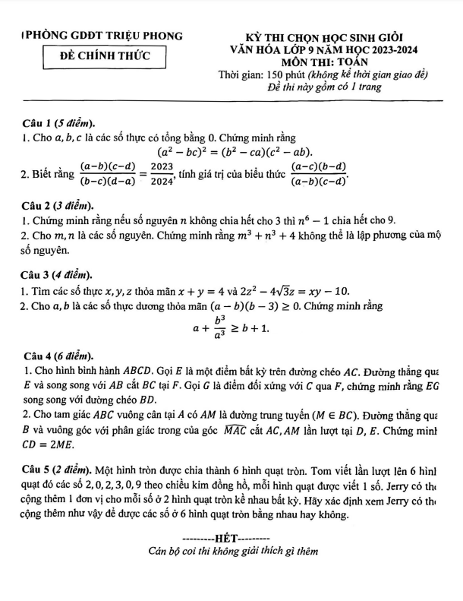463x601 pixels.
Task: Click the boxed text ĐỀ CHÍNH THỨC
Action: pos(106,55)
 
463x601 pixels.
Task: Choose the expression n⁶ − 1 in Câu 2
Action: pos(317,220)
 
